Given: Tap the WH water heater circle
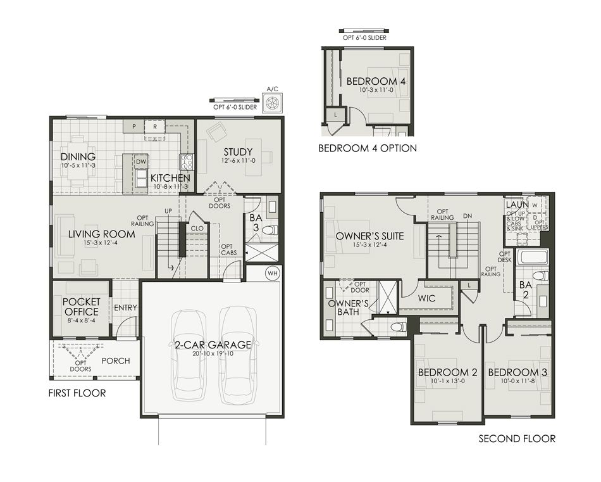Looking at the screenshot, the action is point(273,274).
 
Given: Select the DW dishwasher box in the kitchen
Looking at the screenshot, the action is point(141,162).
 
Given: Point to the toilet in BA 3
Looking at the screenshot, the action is point(270,231).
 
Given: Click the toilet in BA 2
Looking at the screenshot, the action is point(541,276).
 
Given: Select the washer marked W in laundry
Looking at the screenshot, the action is point(535,205).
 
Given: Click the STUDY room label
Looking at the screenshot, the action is point(238,152).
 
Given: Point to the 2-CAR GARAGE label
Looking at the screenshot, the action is point(213,345).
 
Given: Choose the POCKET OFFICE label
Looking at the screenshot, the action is point(81,307).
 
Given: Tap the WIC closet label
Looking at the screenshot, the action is point(426,298).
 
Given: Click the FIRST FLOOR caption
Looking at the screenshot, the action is point(77,393).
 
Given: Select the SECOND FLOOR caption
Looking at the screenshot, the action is point(517,438).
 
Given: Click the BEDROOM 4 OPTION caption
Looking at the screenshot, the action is point(368,148).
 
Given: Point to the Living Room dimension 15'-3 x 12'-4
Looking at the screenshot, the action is point(101,242).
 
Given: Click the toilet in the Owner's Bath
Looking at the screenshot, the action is point(398,327).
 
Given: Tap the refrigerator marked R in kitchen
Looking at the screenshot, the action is point(155,126).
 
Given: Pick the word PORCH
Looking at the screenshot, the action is point(116,361).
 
